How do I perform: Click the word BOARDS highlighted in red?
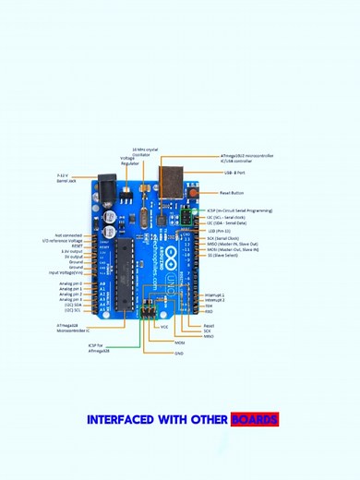point(254,420)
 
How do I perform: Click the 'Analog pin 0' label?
point(70,283)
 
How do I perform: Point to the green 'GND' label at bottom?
point(178,353)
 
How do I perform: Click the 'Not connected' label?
point(68,235)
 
